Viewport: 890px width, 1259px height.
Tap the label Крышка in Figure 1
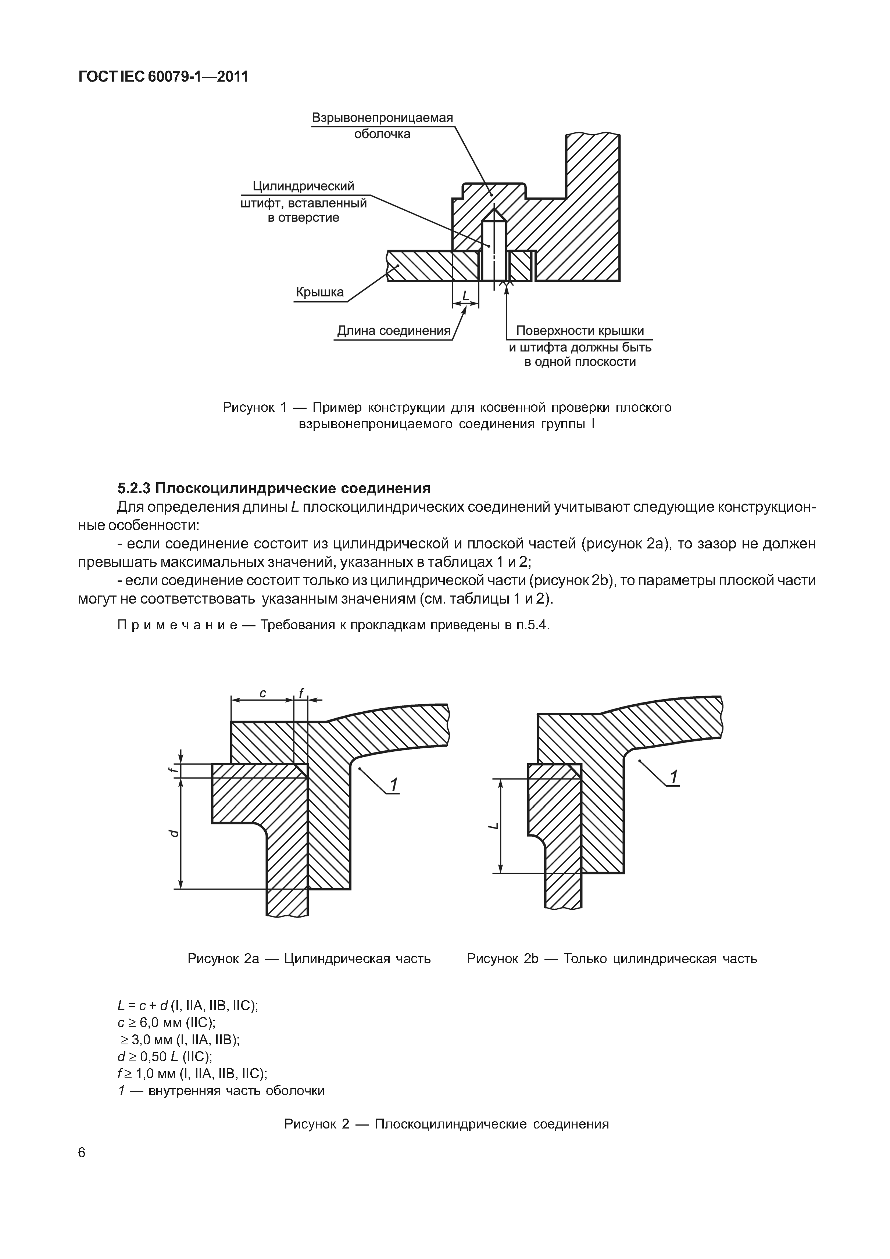pos(320,292)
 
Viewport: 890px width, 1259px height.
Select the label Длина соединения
pos(393,331)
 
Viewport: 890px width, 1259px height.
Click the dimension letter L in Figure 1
pos(465,297)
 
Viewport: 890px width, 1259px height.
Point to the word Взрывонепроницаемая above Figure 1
pos(382,118)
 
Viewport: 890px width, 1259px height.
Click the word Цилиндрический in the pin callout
pos(303,186)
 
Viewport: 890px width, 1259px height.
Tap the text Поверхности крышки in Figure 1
pos(580,331)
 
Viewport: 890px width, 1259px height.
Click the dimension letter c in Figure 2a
pos(263,694)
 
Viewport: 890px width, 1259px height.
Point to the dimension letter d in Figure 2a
pos(173,833)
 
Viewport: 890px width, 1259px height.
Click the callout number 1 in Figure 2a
pos(393,785)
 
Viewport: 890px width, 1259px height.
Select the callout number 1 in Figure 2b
pos(674,777)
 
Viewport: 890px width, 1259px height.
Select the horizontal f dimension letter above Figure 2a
pos(301,693)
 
